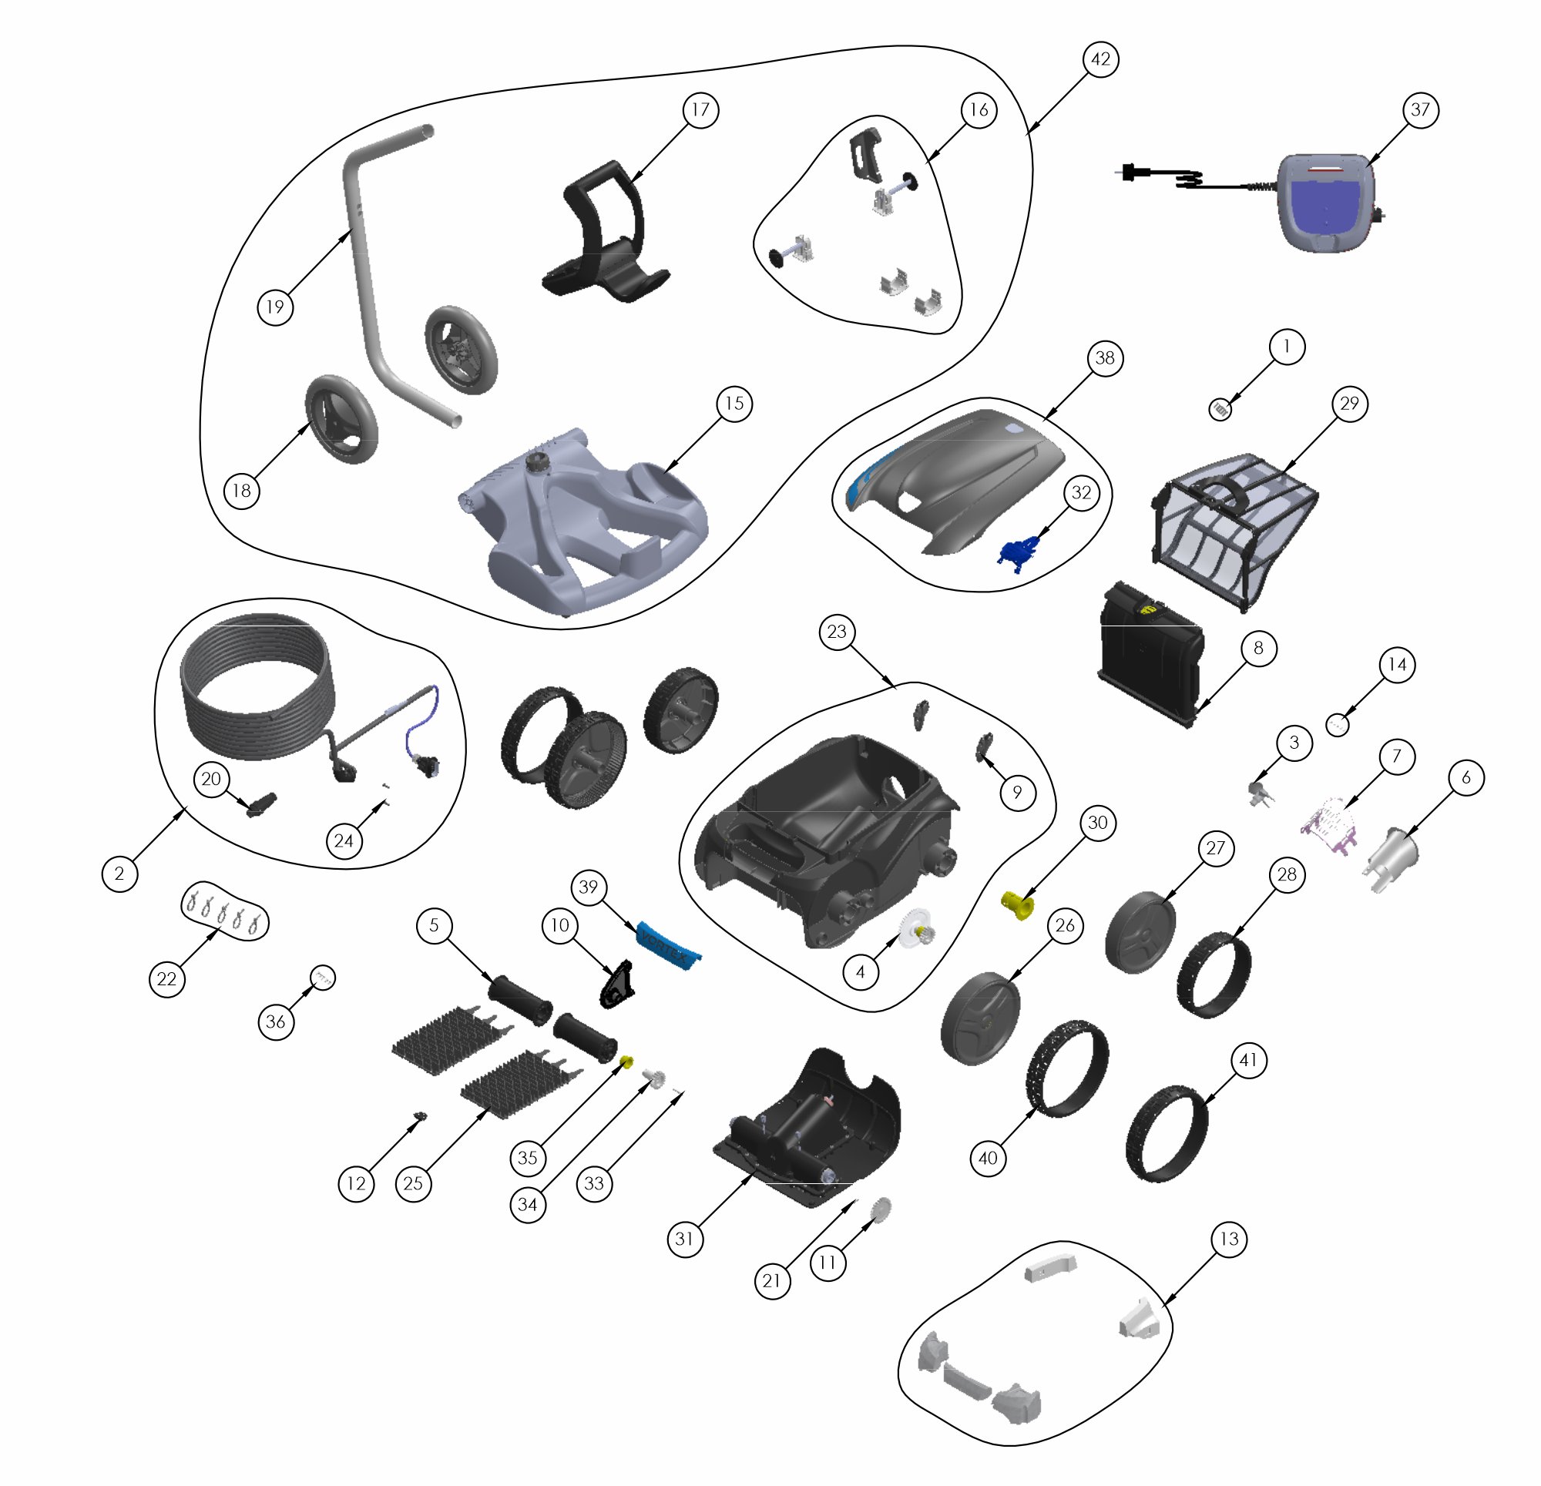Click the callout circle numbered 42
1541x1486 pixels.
[1101, 59]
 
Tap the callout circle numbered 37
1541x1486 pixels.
[1420, 109]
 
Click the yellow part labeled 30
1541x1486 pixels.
[1016, 905]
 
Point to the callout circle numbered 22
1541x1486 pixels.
[166, 979]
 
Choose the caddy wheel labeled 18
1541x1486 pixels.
[341, 420]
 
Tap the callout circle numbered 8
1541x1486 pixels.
[1258, 648]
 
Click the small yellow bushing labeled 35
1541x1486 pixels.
[627, 1063]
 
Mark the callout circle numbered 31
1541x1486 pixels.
[685, 1239]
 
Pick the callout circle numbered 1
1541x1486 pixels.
[1286, 347]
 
